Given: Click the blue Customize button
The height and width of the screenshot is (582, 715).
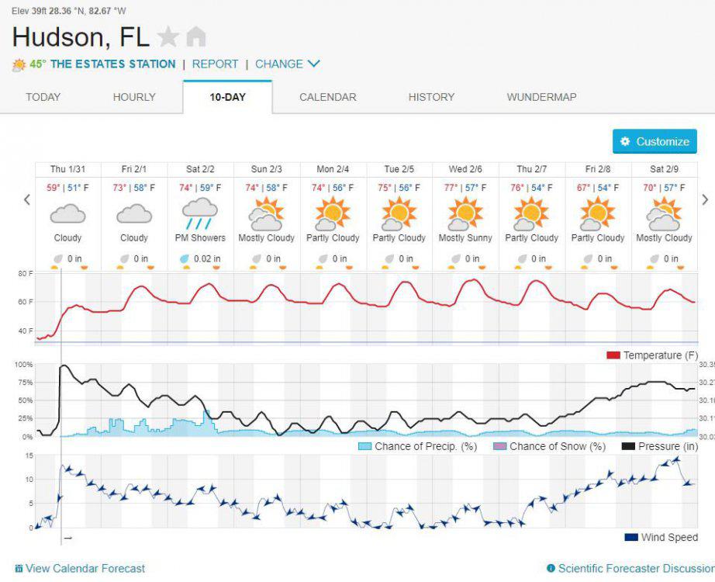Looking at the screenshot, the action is pyautogui.click(x=655, y=141).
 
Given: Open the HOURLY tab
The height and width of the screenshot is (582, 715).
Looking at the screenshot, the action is pyautogui.click(x=134, y=97).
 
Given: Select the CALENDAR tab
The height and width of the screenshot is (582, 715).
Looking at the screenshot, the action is pyautogui.click(x=328, y=97).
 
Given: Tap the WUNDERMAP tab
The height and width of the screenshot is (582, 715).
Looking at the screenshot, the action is pyautogui.click(x=542, y=97).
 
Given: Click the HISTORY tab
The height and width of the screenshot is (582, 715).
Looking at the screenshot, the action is pyautogui.click(x=431, y=97).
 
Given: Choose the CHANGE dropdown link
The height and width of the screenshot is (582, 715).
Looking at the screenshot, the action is pyautogui.click(x=287, y=64).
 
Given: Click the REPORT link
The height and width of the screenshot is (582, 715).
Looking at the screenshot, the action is pyautogui.click(x=216, y=64).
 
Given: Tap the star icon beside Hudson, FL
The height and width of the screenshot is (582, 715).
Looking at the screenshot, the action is pyautogui.click(x=168, y=37).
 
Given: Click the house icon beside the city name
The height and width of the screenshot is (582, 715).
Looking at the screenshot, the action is pyautogui.click(x=196, y=37).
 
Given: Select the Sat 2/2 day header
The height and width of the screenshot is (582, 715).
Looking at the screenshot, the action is pyautogui.click(x=200, y=169).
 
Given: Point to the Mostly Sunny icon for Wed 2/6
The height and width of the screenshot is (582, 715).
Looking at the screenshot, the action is pyautogui.click(x=465, y=213).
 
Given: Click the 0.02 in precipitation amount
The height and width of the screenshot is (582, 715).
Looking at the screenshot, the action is pyautogui.click(x=207, y=259).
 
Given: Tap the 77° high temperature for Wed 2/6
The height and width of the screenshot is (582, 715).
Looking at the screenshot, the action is pyautogui.click(x=451, y=188).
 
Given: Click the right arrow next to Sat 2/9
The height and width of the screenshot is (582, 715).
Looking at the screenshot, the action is pyautogui.click(x=705, y=199).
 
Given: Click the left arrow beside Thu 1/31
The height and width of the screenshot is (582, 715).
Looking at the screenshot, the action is pyautogui.click(x=27, y=199).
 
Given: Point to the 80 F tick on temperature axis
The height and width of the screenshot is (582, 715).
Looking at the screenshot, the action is pyautogui.click(x=25, y=274).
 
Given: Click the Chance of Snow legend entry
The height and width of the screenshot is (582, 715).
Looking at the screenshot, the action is pyautogui.click(x=550, y=446).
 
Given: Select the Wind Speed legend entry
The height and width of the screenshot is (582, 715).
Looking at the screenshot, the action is pyautogui.click(x=661, y=537).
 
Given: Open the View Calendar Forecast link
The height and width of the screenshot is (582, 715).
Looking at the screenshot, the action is pyautogui.click(x=80, y=568).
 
